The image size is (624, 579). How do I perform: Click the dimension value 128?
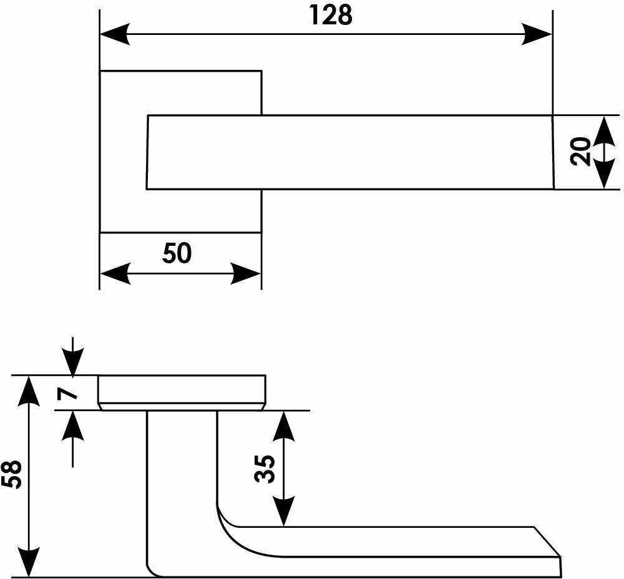tap(331, 16)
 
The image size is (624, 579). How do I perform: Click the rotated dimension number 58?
tap(12, 475)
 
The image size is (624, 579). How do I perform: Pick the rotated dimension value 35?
tap(265, 469)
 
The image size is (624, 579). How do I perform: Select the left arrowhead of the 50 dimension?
tap(114, 273)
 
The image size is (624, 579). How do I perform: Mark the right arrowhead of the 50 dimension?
tap(246, 273)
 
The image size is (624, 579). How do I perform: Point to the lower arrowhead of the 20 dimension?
tap(603, 175)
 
